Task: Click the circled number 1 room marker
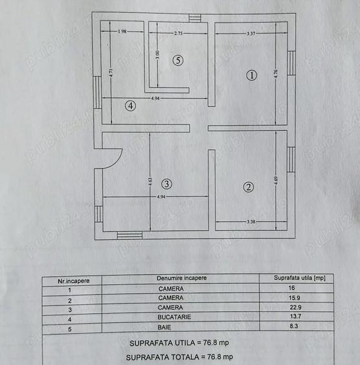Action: pos(251,75)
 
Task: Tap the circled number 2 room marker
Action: pos(248,187)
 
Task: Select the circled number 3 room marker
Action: pos(166,184)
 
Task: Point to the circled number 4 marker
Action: pos(130,106)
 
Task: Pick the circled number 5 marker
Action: pos(178,60)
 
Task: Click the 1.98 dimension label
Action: pos(122,31)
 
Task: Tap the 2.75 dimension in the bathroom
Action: pos(178,33)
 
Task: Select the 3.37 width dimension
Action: pos(251,34)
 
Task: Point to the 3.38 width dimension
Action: pos(251,222)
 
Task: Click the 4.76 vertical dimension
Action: pos(276,73)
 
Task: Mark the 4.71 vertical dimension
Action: pos(111,73)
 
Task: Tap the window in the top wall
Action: pos(195,18)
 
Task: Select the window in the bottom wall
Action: pos(129,235)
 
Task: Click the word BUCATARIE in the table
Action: pos(174,317)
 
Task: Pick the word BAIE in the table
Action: pos(164,327)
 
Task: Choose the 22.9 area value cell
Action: pos(295,307)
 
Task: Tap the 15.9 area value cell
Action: pos(294,298)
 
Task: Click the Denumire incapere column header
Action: pos(181,278)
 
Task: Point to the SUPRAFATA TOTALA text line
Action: pos(179,357)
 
